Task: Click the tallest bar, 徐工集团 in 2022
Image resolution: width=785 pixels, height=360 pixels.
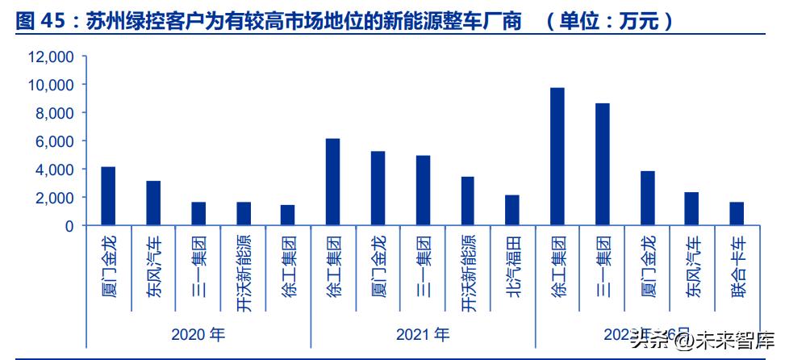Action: coord(557,157)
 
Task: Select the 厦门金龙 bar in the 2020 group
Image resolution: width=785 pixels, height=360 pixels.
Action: coord(108,196)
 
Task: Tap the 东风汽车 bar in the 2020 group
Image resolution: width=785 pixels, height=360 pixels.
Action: coord(153,203)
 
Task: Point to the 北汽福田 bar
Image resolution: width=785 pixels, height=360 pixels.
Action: coord(512,211)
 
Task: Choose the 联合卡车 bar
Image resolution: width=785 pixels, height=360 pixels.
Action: coord(737,214)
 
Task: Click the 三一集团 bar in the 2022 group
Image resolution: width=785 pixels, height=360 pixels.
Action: coord(602,165)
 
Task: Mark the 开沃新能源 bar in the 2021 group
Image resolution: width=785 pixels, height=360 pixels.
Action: coord(467,201)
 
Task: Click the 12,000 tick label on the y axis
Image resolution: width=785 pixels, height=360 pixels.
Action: coord(51,57)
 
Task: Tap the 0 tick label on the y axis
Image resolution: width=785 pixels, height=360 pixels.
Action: coord(69,226)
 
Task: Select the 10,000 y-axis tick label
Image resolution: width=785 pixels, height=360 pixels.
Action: coord(51,85)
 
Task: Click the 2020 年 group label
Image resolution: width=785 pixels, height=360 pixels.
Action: coord(198,333)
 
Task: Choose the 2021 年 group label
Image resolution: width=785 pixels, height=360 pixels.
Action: coord(423,333)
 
